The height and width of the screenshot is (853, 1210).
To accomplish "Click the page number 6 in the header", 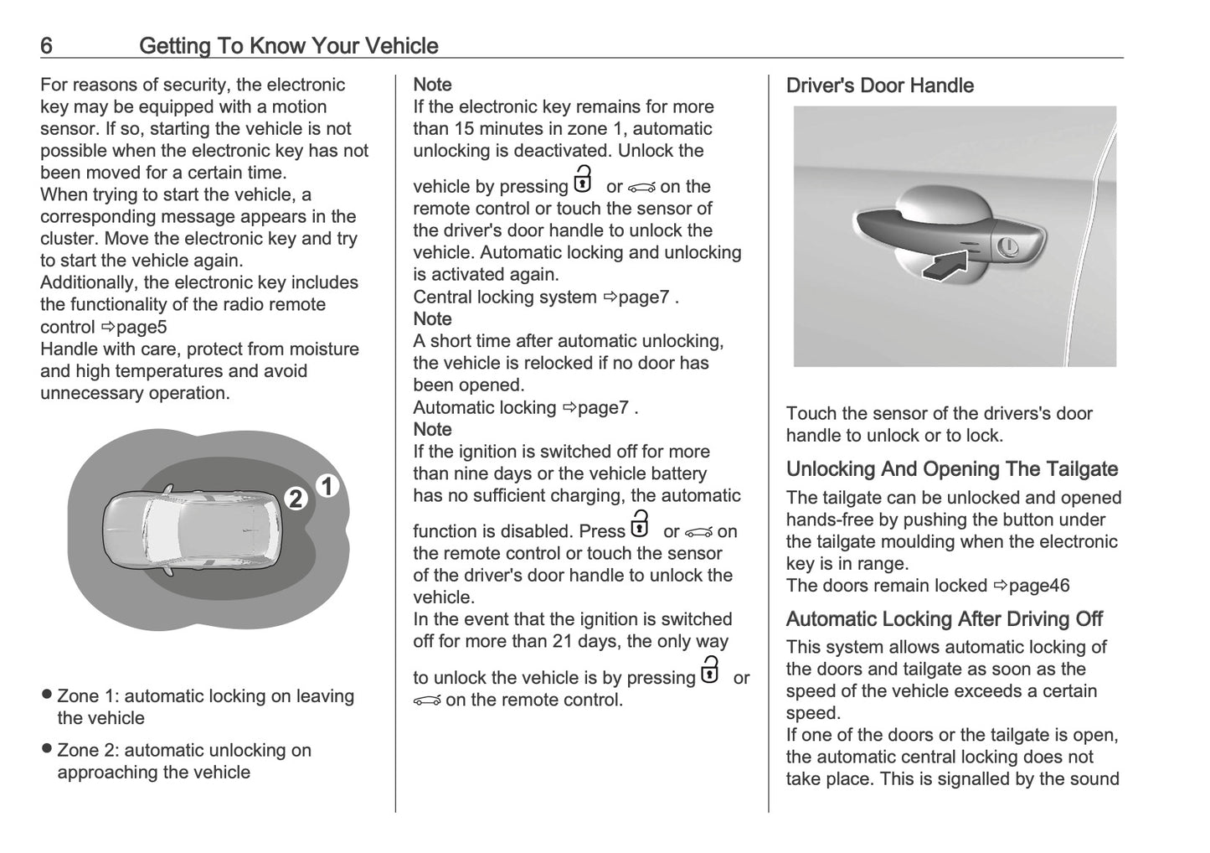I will point(47,45).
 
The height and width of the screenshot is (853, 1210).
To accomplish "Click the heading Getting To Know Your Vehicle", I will point(288,45).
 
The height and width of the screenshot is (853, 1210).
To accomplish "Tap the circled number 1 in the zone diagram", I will point(327,486).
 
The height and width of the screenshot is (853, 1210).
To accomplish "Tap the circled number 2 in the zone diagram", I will point(295,499).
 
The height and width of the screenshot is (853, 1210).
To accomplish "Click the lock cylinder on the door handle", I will point(1008,247).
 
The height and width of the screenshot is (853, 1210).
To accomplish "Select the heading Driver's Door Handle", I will point(879,85).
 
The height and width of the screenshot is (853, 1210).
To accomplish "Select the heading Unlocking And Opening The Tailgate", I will point(951,469).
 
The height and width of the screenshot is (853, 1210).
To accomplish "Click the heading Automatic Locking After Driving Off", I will point(944,619).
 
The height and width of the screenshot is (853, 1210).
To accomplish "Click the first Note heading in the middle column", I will point(432,85).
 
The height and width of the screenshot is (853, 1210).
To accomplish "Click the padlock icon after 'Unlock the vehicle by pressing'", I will point(582,180).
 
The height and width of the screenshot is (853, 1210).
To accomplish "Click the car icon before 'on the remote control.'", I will point(427,700).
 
